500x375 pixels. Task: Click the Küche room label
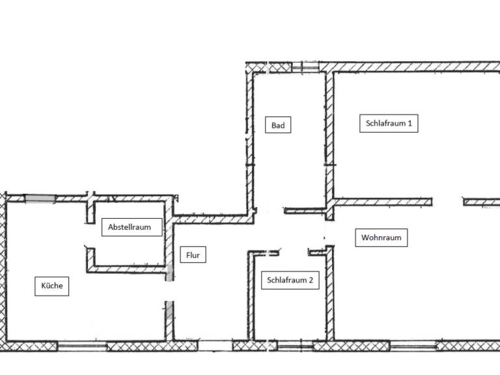pos(51,286)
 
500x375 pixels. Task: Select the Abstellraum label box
pos(132,227)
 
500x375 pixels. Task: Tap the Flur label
pos(193,255)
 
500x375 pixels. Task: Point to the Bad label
pos(278,125)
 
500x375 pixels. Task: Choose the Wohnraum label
pos(382,238)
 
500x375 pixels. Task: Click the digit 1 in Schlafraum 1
pos(410,124)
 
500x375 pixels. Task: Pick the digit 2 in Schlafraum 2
pos(311,281)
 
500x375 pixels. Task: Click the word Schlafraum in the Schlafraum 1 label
pos(385,124)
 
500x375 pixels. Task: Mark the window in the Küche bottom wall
pos(82,346)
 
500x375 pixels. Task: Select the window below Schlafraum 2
pos(295,346)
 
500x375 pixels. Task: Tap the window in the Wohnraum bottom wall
pos(413,346)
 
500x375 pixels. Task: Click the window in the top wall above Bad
pos(305,67)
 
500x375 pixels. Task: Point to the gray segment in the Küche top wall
pos(40,199)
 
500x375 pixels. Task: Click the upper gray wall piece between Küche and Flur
pos(170,273)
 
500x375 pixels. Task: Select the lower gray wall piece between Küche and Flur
pos(170,311)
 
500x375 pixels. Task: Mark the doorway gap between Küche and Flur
pos(170,291)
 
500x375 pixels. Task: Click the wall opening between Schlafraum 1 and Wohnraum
pos(448,202)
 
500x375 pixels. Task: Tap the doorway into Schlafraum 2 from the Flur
pos(294,253)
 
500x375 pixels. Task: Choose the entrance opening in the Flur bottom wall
pos(215,346)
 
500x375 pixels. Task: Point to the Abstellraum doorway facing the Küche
pos(91,236)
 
